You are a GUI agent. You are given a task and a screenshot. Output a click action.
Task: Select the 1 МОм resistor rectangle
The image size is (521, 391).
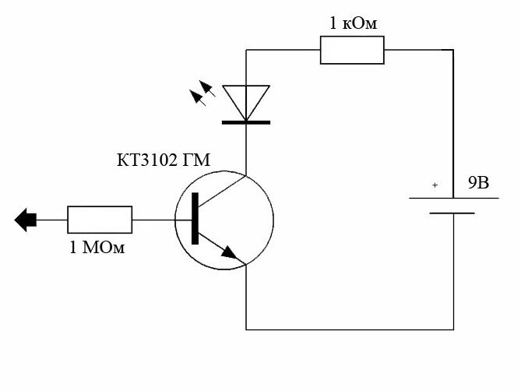tap(100, 220)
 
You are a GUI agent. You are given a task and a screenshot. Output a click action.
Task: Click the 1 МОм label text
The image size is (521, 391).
tap(98, 248)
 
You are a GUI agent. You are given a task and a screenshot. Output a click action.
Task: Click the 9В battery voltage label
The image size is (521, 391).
tap(478, 184)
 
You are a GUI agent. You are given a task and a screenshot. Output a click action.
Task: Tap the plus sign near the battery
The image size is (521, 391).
tap(435, 185)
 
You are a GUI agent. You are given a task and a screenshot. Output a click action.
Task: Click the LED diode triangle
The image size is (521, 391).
tap(246, 101)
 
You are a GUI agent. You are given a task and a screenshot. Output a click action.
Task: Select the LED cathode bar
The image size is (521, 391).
tap(246, 122)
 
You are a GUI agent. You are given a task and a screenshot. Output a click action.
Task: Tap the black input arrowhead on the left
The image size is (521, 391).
tap(26, 220)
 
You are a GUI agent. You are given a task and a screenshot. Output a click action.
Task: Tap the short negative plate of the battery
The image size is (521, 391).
tap(452, 213)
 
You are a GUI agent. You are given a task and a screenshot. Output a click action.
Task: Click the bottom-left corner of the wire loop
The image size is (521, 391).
tap(246, 329)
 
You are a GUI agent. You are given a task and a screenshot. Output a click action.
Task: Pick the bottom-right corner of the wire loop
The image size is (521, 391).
tap(454, 329)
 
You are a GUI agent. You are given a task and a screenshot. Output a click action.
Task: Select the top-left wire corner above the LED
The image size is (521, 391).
tap(246, 50)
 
